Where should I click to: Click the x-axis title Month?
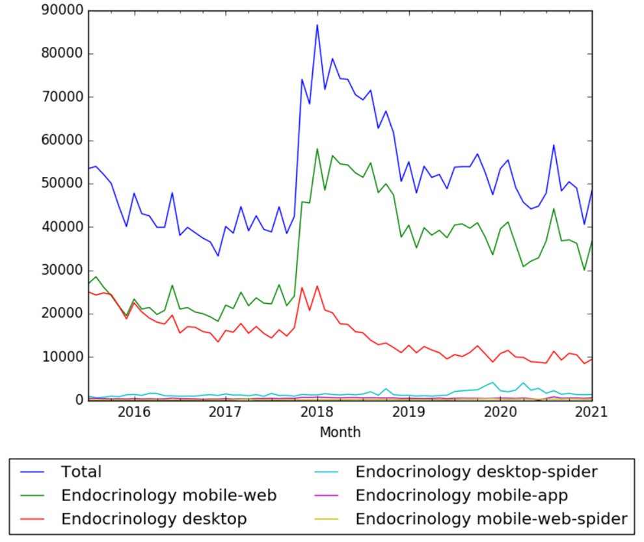pyautogui.click(x=340, y=432)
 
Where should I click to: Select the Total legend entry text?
pyautogui.click(x=81, y=472)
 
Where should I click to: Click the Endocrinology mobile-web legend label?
pyautogui.click(x=169, y=495)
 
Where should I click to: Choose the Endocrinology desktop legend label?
pyautogui.click(x=154, y=519)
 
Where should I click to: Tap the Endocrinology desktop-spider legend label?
pyautogui.click(x=476, y=472)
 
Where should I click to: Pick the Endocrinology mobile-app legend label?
pyautogui.click(x=463, y=495)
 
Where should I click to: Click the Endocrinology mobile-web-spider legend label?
pyautogui.click(x=491, y=519)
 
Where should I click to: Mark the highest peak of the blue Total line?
pyautogui.click(x=317, y=25)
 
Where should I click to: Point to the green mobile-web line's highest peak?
pyautogui.click(x=317, y=149)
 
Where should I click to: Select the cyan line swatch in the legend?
pyautogui.click(x=330, y=472)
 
